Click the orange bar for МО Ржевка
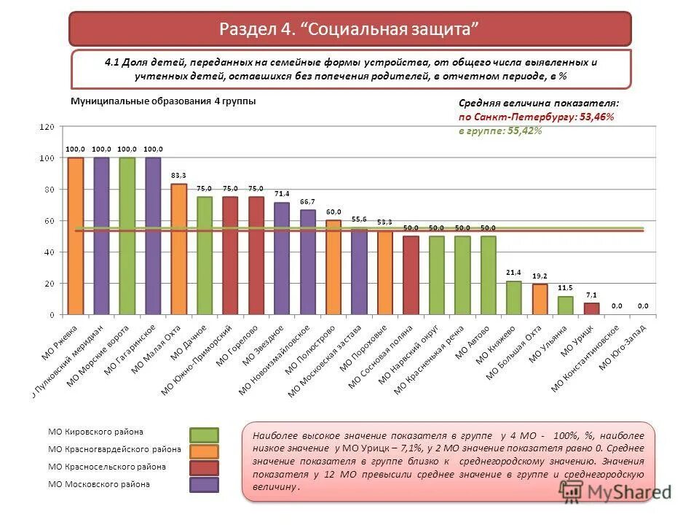(76, 236)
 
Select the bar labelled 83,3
(178, 249)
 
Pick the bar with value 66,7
(307, 262)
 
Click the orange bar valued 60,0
(333, 267)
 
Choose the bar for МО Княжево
(513, 297)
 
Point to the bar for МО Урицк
(591, 308)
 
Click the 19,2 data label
(540, 277)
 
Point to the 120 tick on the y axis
(47, 127)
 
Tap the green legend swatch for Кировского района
(204, 435)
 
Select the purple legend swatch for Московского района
(204, 484)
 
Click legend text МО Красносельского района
(107, 467)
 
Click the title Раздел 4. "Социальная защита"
(349, 30)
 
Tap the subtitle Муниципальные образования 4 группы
(162, 101)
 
